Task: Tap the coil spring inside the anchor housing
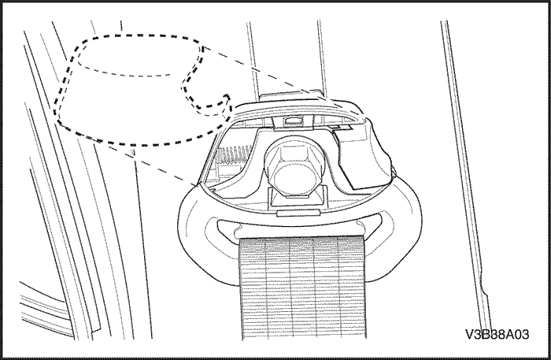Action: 234,155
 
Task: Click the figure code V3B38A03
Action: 497,334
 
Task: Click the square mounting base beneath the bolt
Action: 298,199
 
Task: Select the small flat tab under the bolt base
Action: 298,213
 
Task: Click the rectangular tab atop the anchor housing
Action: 291,95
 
